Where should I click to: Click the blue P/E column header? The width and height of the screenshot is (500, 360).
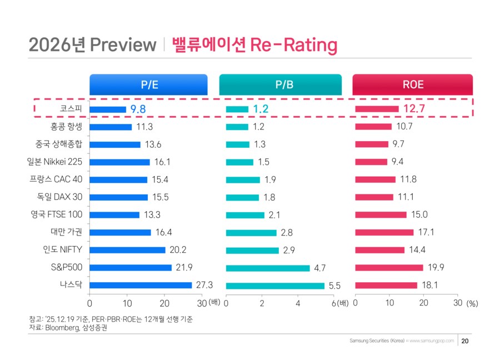[x=148, y=84]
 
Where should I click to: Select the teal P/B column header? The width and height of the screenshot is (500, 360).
[x=280, y=84]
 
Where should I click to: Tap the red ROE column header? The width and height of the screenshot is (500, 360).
[x=412, y=84]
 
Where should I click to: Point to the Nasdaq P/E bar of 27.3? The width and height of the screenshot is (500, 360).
[x=141, y=285]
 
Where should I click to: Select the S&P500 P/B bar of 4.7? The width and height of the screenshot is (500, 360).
[x=268, y=268]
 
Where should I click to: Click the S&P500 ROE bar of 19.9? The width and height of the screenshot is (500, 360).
[x=389, y=268]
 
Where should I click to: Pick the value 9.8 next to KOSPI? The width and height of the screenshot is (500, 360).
[x=138, y=109]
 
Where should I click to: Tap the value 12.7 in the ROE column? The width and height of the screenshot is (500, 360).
[x=414, y=109]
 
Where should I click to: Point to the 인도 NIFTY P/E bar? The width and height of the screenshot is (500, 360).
[x=127, y=250]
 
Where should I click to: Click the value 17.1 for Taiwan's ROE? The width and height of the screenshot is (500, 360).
[x=427, y=232]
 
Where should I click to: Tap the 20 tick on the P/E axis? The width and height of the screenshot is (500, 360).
[x=164, y=303]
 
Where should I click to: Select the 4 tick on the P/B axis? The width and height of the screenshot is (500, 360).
[x=298, y=303]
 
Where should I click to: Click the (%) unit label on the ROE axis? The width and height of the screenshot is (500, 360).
[x=472, y=304]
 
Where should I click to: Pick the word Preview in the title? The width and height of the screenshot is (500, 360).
[x=123, y=44]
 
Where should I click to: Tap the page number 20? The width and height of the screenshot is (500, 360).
[x=466, y=341]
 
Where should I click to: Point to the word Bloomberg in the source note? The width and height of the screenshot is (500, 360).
[x=61, y=328]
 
